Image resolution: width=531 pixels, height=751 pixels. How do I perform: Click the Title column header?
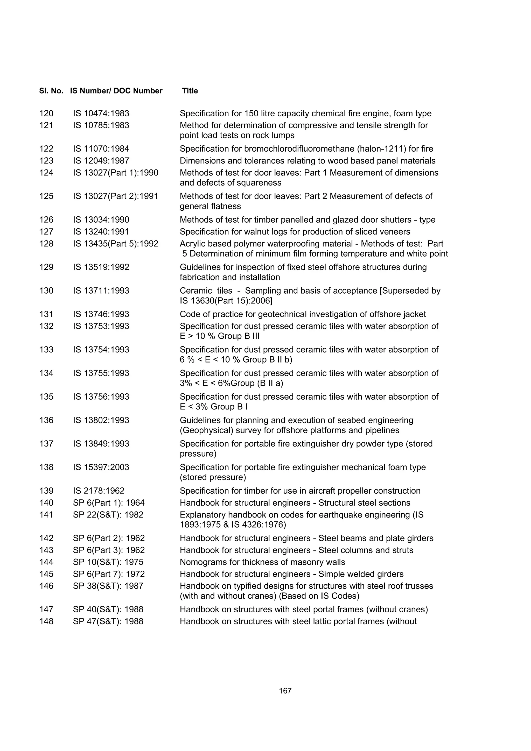click(190, 91)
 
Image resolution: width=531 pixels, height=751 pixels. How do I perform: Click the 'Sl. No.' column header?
click(51, 91)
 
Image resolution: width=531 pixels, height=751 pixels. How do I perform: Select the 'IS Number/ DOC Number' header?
click(116, 91)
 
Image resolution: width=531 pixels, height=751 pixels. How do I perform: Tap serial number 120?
click(46, 114)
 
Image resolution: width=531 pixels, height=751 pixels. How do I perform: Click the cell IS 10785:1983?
click(101, 125)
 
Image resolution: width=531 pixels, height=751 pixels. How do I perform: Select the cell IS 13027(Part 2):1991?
click(115, 196)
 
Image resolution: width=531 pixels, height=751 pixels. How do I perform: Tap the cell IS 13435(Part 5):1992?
click(115, 244)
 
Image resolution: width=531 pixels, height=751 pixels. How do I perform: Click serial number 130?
click(46, 291)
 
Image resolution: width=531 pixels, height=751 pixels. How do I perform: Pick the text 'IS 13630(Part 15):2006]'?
click(226, 301)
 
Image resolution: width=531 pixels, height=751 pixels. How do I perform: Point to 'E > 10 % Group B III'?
click(220, 336)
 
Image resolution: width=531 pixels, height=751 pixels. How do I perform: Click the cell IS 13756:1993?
click(101, 397)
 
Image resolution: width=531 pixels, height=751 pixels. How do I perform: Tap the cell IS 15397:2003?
click(101, 467)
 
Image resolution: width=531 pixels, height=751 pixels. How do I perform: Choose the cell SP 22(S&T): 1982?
click(108, 515)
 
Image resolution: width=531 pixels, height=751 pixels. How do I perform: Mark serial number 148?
click(46, 621)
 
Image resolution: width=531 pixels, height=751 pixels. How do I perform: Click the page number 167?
click(285, 691)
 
